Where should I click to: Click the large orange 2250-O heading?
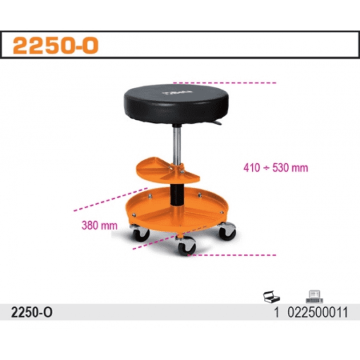56,45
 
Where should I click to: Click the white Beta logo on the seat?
177,92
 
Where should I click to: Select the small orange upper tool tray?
168,169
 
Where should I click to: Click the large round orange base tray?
176,210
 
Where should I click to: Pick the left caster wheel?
140,234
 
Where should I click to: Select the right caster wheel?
227,231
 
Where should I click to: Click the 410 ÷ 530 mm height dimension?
275,168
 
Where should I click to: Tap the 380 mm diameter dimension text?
100,225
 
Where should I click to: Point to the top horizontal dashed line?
224,83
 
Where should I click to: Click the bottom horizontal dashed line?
232,255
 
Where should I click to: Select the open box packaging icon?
272,296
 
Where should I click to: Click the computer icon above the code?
314,296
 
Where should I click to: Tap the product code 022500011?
318,313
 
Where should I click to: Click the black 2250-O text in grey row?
32,313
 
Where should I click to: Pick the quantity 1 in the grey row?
277,313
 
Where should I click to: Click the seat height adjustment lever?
217,122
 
